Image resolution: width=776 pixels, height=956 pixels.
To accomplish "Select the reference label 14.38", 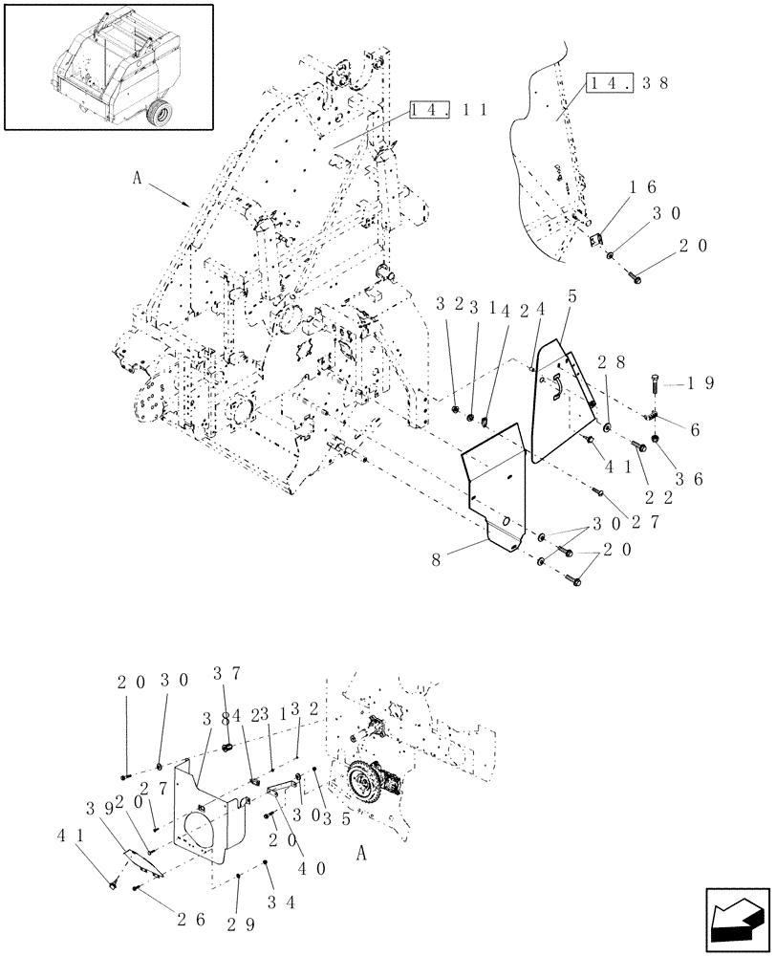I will coord(618,83).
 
